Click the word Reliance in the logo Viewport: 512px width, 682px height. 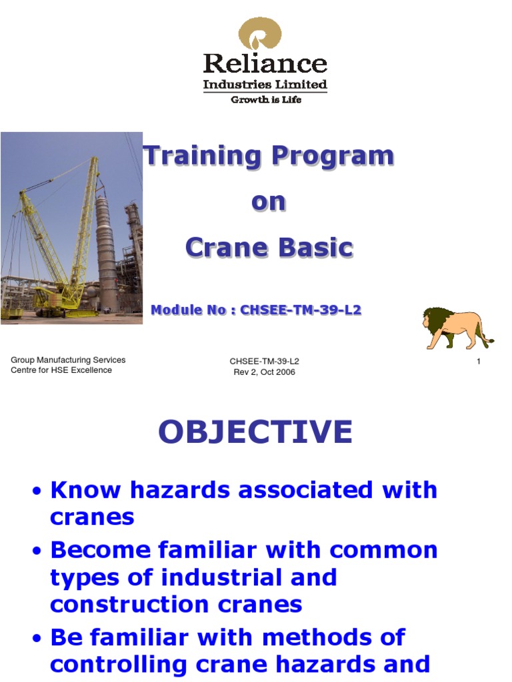point(265,64)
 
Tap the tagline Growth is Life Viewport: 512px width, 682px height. point(265,100)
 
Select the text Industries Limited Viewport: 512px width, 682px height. point(265,85)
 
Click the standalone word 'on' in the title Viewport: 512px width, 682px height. point(268,202)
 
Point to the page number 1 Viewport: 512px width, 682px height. point(479,361)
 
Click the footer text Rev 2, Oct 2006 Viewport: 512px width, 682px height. point(264,372)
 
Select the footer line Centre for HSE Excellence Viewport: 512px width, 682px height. point(61,370)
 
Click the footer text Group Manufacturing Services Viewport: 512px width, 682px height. point(68,360)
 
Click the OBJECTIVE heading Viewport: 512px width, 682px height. point(255,432)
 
